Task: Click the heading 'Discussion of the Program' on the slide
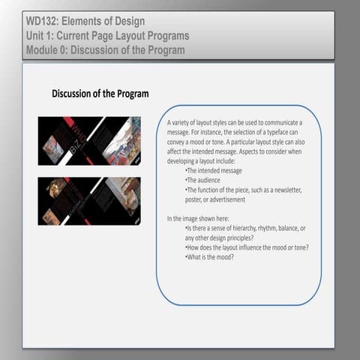point(100,94)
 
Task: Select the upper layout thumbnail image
point(89,141)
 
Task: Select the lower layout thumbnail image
point(89,200)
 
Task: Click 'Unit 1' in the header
point(39,35)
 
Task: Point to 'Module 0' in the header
point(47,49)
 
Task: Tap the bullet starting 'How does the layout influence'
point(247,247)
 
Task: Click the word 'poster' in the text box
point(195,199)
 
